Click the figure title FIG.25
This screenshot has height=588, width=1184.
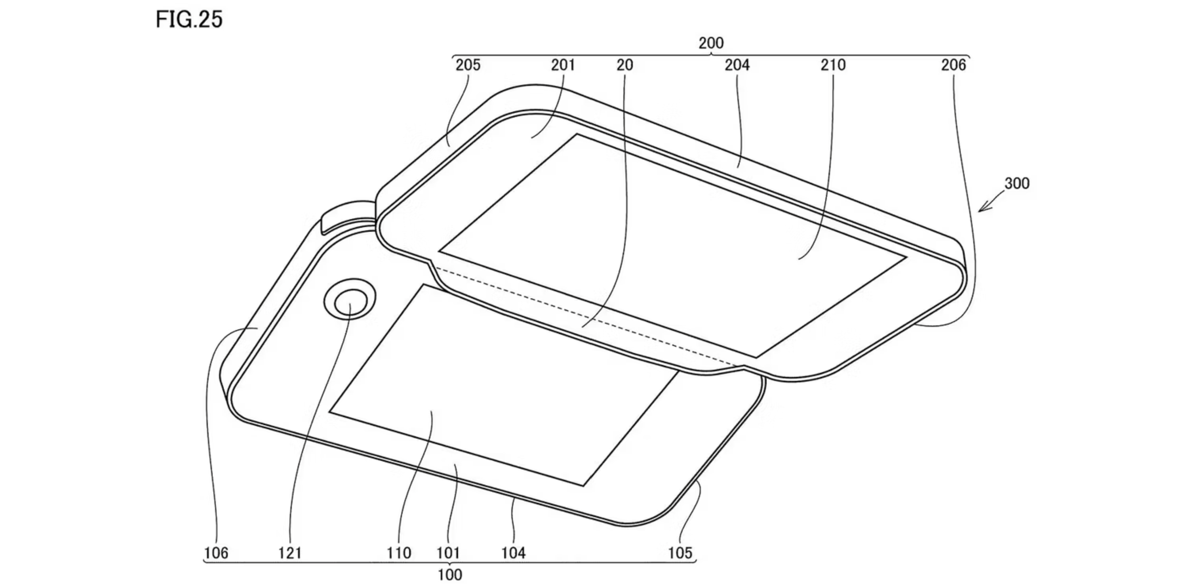point(189,20)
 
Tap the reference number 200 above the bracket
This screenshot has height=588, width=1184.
point(711,43)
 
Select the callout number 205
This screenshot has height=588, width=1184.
point(468,65)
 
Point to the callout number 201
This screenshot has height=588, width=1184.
point(563,65)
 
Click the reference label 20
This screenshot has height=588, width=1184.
point(624,65)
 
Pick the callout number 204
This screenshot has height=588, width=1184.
point(737,65)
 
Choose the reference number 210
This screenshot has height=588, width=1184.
point(833,65)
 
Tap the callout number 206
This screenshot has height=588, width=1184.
point(953,65)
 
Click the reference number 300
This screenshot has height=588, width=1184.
point(1017,183)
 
